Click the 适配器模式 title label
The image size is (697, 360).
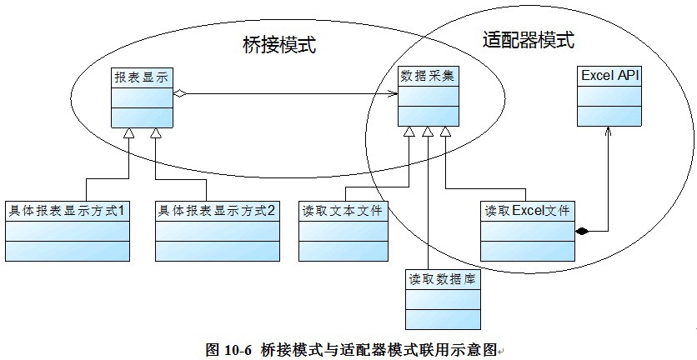[x=529, y=39]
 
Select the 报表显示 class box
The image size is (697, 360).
[x=142, y=97]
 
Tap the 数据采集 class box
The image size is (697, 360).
[x=427, y=97]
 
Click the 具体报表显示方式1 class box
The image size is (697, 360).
[x=67, y=232]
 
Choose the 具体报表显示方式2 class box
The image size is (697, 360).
[x=218, y=232]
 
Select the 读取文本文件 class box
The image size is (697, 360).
[x=343, y=232]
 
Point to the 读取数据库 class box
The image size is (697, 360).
[x=443, y=299]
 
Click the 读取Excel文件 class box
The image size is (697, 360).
[x=527, y=232]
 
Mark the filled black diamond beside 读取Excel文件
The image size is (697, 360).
[x=581, y=230]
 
